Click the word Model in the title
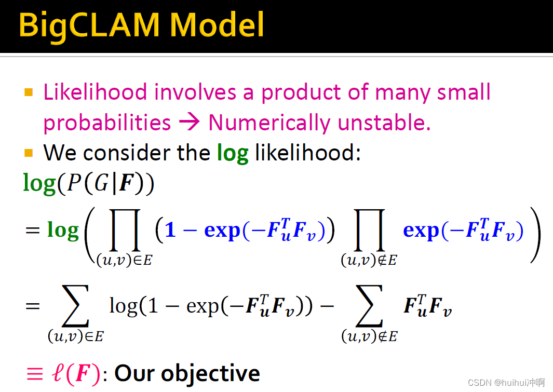[217, 24]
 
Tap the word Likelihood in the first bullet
[95, 92]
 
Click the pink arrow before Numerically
[190, 122]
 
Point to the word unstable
[384, 123]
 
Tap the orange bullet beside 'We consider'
[29, 153]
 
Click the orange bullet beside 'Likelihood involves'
[29, 92]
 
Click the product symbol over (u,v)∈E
[125, 230]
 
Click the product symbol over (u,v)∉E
[369, 230]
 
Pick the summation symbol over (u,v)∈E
[75, 306]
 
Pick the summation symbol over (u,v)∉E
[369, 306]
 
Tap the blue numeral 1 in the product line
[170, 230]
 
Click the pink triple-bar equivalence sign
[35, 374]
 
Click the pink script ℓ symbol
[58, 372]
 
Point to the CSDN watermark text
[506, 383]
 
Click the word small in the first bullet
[464, 92]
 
